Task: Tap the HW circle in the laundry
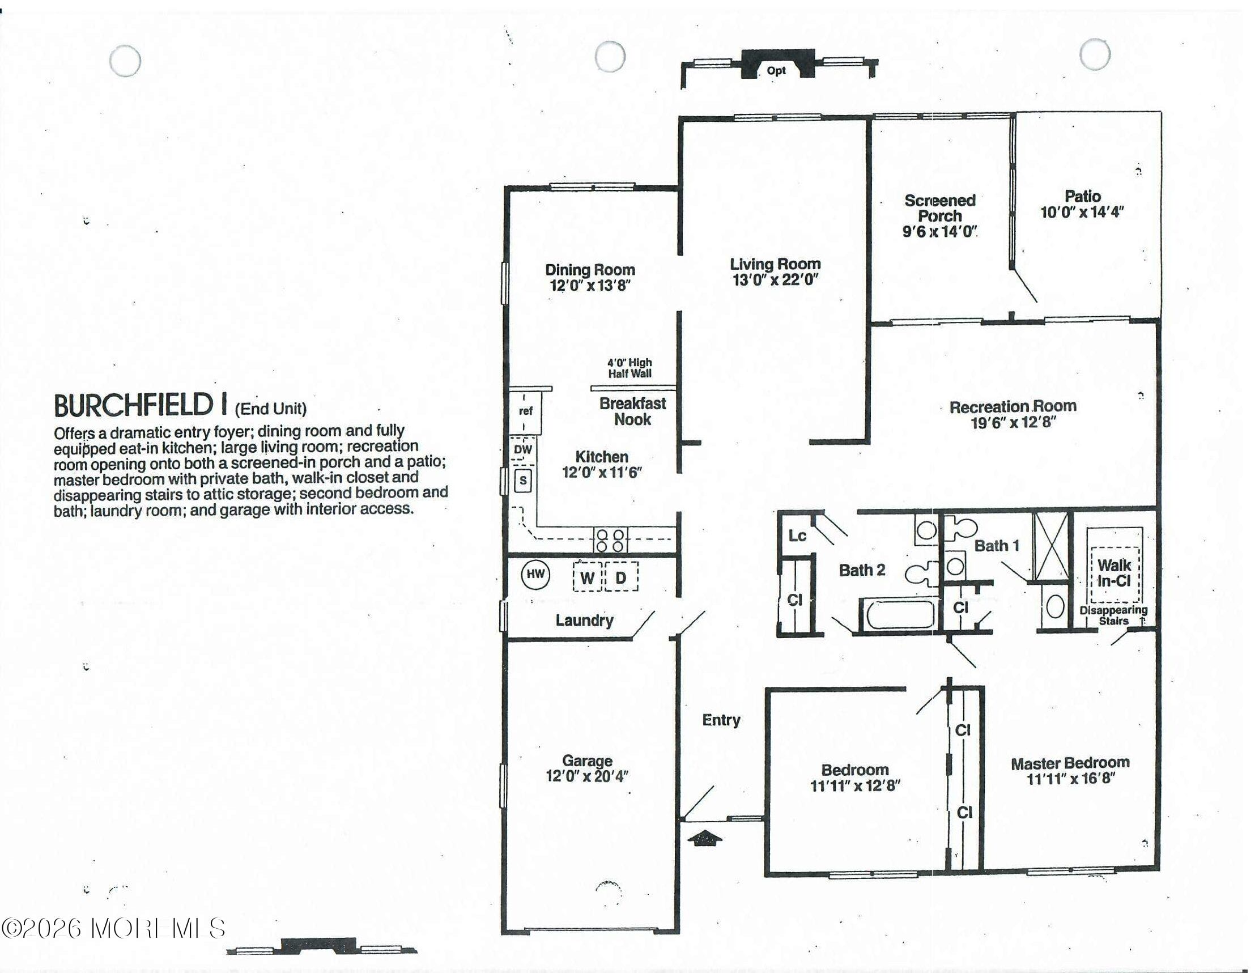[x=535, y=574]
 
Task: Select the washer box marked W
[x=587, y=576]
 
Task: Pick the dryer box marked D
[x=622, y=576]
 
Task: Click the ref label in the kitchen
[x=525, y=411]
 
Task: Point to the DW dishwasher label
[x=523, y=449]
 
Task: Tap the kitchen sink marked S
[x=523, y=481]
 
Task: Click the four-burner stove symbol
[x=610, y=541]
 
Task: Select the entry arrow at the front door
[x=704, y=838]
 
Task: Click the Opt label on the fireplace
[x=776, y=71]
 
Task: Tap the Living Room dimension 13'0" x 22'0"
[x=775, y=280]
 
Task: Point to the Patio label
[x=1083, y=196]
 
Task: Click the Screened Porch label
[x=939, y=208]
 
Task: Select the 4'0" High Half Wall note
[x=629, y=368]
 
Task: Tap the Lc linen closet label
[x=797, y=536]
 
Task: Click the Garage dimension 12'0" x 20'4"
[x=587, y=776]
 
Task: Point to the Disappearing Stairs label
[x=1113, y=615]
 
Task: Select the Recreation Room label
[x=1013, y=406]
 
